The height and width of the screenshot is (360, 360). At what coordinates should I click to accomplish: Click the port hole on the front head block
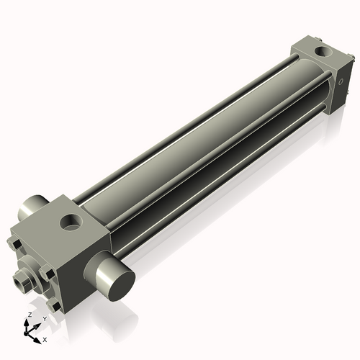(x=72, y=221)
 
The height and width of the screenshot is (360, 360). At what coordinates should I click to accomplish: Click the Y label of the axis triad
(x=44, y=318)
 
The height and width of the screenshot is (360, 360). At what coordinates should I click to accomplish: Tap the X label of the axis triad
(x=45, y=338)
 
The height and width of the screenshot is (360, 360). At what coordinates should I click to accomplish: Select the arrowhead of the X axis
(x=40, y=337)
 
